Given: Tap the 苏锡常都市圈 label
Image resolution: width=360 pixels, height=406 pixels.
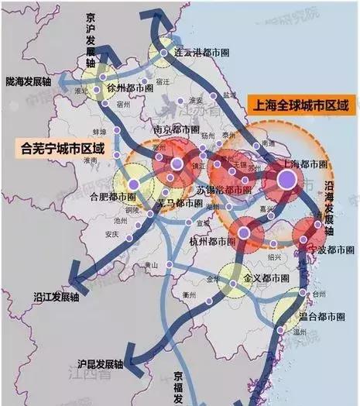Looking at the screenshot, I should pyautogui.click(x=223, y=190).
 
